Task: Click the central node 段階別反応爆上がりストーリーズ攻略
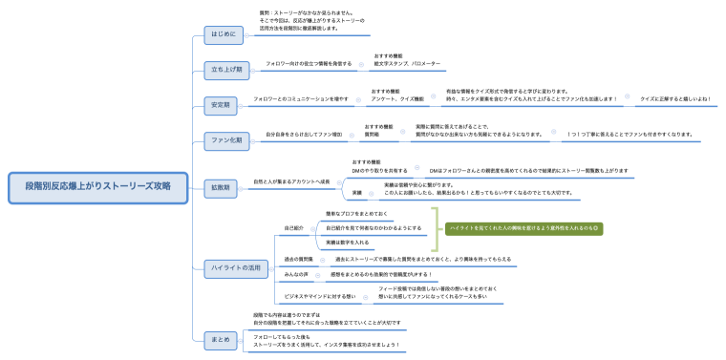pyautogui.click(x=98, y=187)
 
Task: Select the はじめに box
pyautogui.click(x=221, y=36)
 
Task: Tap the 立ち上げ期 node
pyautogui.click(x=226, y=70)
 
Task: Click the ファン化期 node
pyautogui.click(x=226, y=139)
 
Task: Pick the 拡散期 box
pyautogui.click(x=221, y=187)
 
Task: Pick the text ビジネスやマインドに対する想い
pyautogui.click(x=320, y=296)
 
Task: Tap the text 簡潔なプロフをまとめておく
pyautogui.click(x=355, y=214)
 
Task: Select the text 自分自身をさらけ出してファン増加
pyautogui.click(x=303, y=135)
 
